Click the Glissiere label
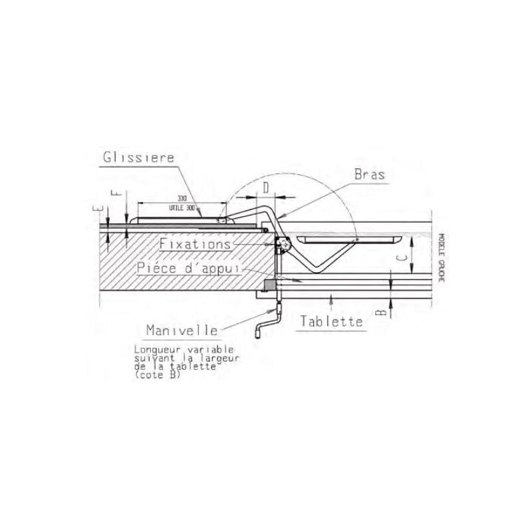click(138, 158)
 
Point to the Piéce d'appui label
click(190, 269)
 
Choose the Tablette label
click(331, 322)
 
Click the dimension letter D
click(266, 188)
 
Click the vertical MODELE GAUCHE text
click(440, 256)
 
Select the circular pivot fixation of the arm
click(284, 245)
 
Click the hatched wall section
click(180, 263)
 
